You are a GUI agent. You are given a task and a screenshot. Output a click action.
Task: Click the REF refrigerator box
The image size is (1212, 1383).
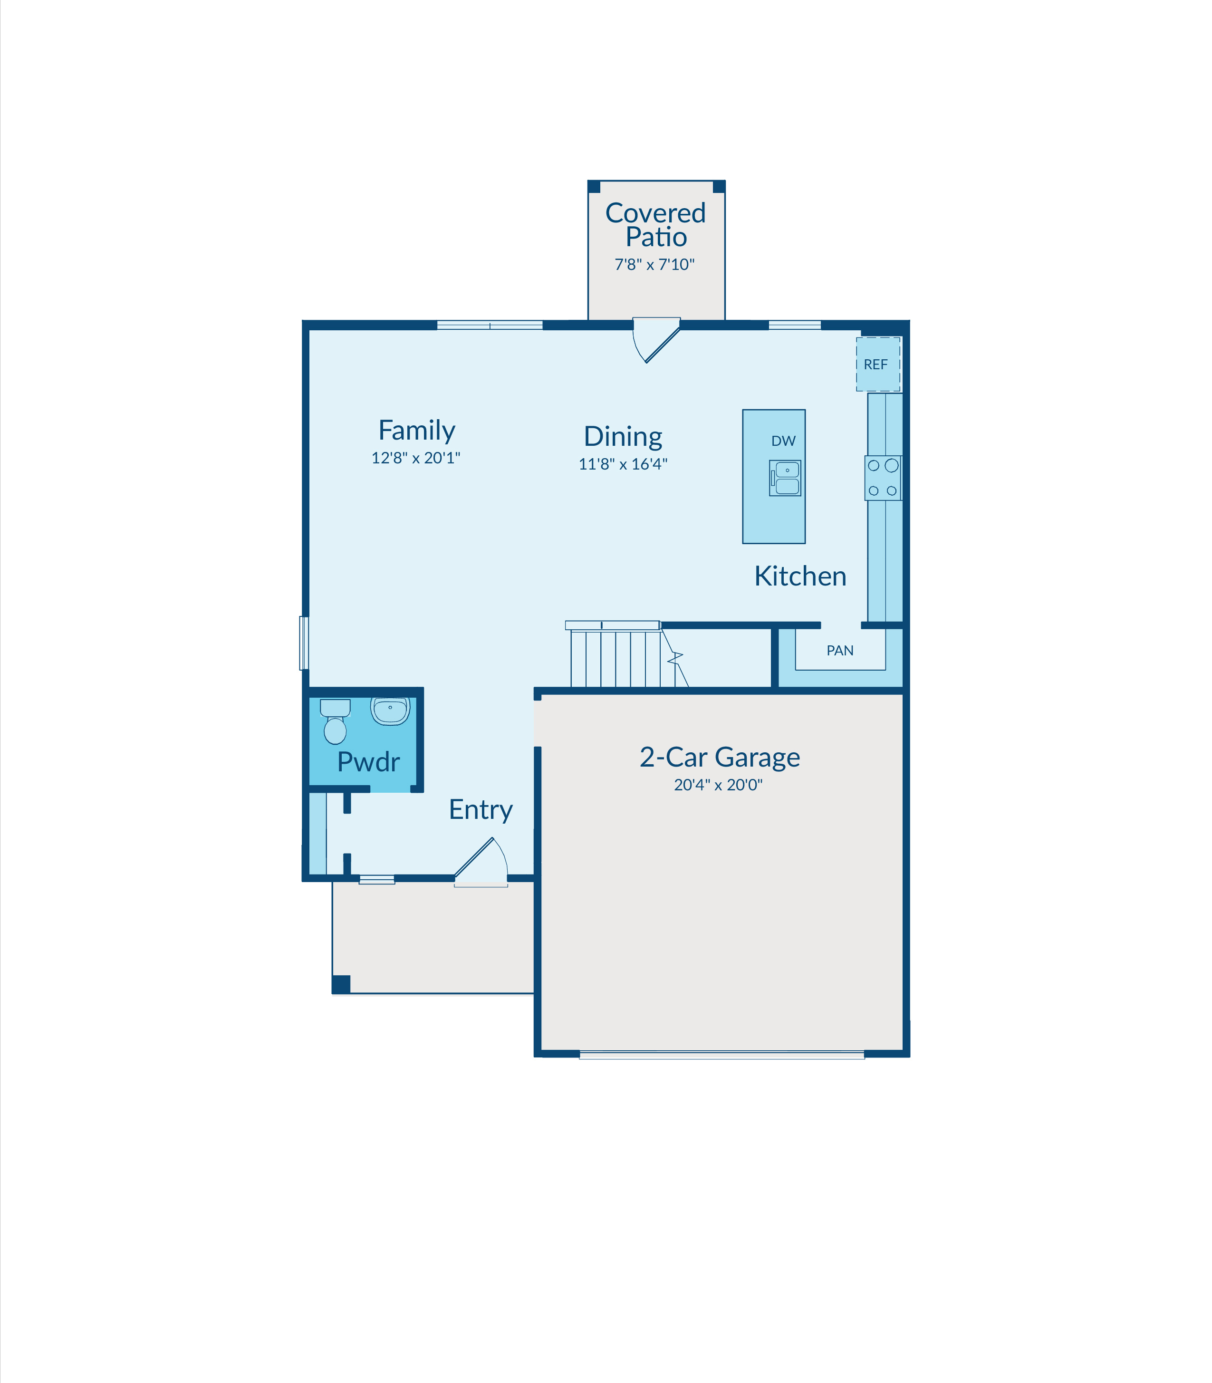(x=878, y=364)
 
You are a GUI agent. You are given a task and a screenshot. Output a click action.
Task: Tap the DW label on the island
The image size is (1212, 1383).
(x=783, y=441)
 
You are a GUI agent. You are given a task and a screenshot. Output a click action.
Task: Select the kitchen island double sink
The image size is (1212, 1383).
(x=785, y=478)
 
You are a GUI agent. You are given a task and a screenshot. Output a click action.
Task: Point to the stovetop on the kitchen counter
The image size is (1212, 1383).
(x=883, y=478)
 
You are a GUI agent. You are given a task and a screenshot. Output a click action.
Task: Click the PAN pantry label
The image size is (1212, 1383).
(x=840, y=651)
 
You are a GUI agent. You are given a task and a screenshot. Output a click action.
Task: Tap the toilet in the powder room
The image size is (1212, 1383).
(x=335, y=721)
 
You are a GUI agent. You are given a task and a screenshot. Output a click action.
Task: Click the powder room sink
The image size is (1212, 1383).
(x=390, y=711)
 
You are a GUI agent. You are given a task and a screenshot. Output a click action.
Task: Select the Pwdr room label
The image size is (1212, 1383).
(x=369, y=762)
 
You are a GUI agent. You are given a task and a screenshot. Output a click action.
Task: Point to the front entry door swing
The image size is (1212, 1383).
(x=481, y=862)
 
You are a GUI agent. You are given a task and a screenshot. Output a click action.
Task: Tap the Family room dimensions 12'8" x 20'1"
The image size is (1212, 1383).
(x=416, y=458)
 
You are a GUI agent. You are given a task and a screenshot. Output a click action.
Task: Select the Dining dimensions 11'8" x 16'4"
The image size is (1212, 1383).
(x=623, y=464)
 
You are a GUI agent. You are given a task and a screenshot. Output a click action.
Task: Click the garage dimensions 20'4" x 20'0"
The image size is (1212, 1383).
(x=718, y=785)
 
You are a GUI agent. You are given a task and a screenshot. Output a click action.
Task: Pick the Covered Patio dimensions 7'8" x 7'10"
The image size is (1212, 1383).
(x=654, y=264)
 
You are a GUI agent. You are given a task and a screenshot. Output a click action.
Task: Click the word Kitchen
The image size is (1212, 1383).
(x=800, y=576)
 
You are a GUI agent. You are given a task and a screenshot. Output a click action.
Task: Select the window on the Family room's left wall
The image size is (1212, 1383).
(x=304, y=643)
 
